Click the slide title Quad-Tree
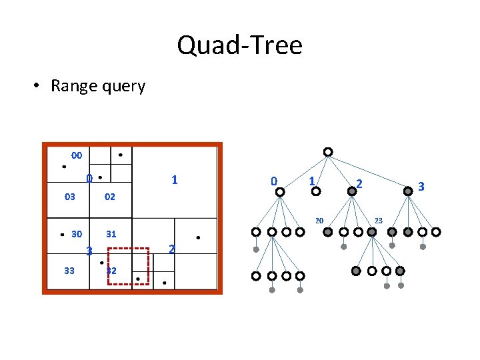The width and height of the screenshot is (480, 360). pos(239,45)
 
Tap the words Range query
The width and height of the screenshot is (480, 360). pos(97,86)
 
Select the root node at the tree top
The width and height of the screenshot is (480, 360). pos(328,152)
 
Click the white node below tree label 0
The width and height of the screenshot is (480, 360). pos(280,192)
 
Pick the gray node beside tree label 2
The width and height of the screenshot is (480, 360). pos(352,191)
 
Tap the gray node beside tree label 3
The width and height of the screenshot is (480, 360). pos(408,191)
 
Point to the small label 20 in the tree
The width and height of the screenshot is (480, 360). pos(319,221)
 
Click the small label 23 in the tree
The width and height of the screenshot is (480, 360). pos(378,220)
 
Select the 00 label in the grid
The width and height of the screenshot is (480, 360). pos(77,155)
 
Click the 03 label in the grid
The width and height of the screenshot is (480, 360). pos(69,197)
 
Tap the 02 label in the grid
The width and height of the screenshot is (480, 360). pos(110,197)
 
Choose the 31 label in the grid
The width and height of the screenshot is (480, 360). pos(111,234)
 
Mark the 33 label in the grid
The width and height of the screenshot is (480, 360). pos(69,271)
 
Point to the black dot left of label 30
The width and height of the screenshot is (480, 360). pos(62,235)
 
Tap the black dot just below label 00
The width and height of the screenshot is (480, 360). pos(64,167)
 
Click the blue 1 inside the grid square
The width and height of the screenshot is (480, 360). pos(174,180)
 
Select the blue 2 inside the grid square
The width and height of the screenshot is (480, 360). pos(172,249)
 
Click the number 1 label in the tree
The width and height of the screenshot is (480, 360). pos(311,181)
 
